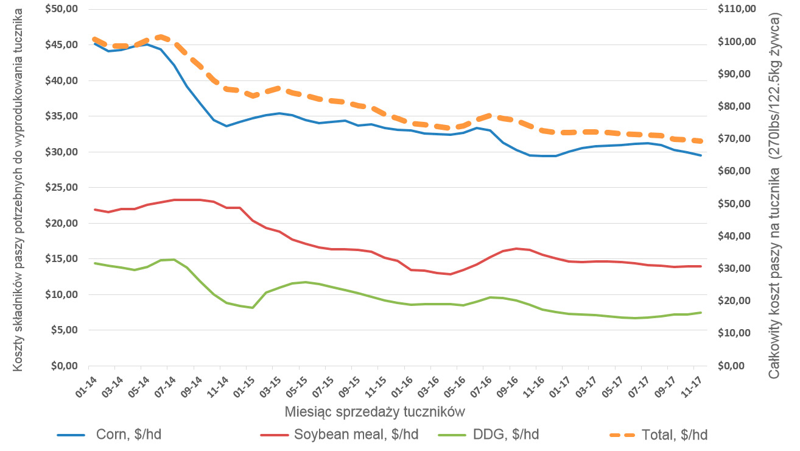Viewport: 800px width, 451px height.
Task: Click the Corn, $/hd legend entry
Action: (x=128, y=435)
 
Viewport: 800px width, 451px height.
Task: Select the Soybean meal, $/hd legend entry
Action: (x=356, y=435)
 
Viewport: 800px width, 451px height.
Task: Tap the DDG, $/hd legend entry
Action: (x=505, y=435)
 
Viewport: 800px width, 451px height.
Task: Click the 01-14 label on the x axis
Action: (x=86, y=385)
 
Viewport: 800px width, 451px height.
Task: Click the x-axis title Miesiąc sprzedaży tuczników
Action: (x=375, y=411)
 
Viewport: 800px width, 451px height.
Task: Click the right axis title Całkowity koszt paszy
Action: (x=774, y=198)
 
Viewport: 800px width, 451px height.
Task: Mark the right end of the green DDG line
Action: (x=701, y=313)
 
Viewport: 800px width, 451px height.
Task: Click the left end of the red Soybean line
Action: (x=94, y=210)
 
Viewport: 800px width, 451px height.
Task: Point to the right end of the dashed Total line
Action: (x=701, y=141)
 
